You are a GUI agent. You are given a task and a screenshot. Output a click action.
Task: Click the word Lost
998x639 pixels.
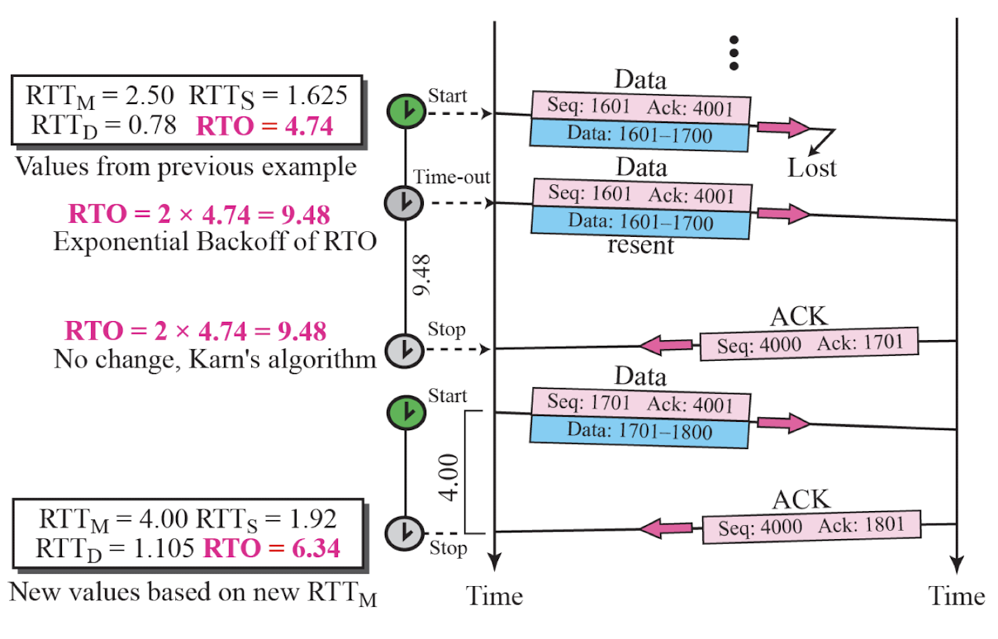(812, 168)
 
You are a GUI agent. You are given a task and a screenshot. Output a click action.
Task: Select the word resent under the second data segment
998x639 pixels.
(640, 245)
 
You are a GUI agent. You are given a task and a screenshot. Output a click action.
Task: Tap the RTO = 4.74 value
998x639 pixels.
(264, 126)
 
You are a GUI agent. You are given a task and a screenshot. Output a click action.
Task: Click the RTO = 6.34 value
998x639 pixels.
(271, 548)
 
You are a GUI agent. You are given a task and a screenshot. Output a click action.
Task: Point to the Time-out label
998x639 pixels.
(451, 177)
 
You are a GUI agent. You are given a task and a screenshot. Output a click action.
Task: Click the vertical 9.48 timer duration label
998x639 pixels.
(421, 275)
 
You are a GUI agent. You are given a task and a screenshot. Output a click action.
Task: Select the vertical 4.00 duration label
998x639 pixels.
(449, 477)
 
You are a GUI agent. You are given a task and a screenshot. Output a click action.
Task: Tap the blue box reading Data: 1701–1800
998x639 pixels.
(639, 432)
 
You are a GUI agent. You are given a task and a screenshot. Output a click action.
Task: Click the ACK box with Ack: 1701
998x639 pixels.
(809, 343)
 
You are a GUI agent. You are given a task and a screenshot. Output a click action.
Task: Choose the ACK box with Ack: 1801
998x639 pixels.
(811, 527)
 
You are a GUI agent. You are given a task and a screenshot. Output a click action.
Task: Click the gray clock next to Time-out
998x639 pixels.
(404, 203)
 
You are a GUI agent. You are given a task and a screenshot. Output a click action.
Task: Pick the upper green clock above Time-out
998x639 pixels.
(406, 111)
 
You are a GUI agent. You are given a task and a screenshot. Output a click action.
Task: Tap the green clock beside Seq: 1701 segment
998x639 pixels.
(406, 413)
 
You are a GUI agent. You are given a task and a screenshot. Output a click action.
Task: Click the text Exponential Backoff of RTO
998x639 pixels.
(215, 242)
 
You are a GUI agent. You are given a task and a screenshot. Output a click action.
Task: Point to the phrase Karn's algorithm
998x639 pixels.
(283, 359)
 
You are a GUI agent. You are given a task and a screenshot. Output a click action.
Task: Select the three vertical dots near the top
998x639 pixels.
(734, 53)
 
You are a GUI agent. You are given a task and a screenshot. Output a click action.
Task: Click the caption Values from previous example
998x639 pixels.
(186, 167)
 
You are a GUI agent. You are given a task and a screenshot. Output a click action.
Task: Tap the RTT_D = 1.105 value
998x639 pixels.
(115, 549)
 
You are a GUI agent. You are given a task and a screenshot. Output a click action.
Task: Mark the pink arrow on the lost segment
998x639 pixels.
(783, 128)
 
